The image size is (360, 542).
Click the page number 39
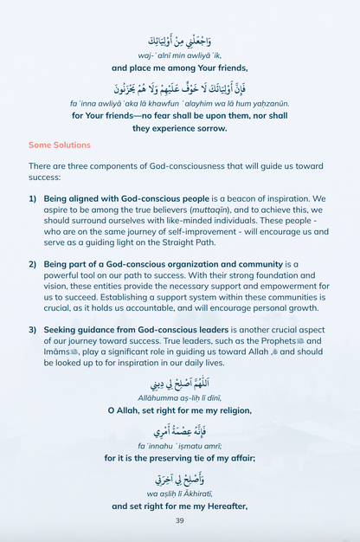tap(179, 520)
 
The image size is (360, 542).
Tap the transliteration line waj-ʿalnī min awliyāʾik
tap(179, 55)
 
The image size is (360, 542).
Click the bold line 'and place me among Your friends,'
tap(179, 67)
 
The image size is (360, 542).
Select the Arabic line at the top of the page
tap(179, 40)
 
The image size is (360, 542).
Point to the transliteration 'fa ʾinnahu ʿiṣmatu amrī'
tap(179, 446)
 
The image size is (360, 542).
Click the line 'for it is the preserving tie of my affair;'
tap(179, 458)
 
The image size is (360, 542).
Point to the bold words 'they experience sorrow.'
tap(179, 127)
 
